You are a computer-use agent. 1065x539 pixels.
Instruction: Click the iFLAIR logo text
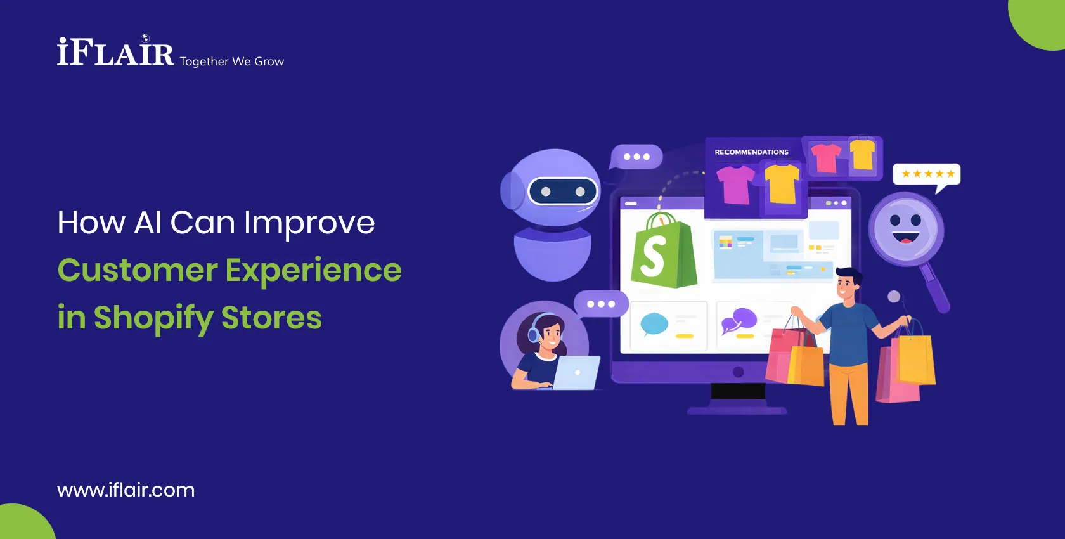[115, 53]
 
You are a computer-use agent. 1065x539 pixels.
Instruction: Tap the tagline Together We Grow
[231, 62]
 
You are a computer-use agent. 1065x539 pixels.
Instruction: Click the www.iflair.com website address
[126, 490]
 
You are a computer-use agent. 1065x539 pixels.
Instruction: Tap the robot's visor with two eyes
[562, 192]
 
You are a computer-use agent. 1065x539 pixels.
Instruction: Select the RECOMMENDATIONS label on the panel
[751, 152]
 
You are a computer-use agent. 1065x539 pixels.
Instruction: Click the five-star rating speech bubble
[927, 174]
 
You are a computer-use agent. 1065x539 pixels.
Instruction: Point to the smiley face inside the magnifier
[905, 229]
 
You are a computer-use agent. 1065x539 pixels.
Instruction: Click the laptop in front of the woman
[577, 373]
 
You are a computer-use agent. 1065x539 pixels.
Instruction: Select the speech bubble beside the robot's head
[636, 157]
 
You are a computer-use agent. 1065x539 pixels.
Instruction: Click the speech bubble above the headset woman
[600, 304]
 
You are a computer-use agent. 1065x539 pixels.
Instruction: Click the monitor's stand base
[737, 410]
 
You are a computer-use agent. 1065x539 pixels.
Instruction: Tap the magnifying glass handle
[936, 289]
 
